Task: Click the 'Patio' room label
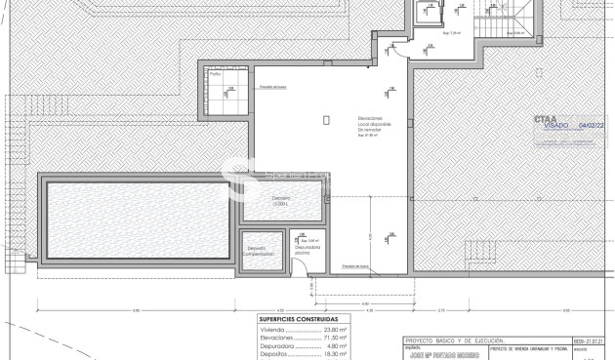[x=214, y=73]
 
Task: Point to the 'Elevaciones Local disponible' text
[x=372, y=124]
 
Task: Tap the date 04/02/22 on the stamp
[x=593, y=126]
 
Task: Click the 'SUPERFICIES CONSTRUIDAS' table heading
[x=300, y=319]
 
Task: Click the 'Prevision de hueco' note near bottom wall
[x=356, y=264]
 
